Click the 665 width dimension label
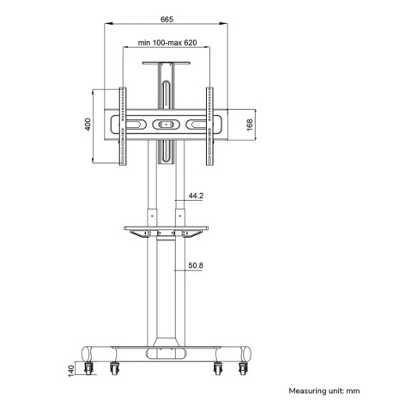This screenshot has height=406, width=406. (x=167, y=20)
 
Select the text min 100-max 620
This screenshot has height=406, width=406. (x=167, y=43)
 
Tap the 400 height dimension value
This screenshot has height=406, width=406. (x=88, y=124)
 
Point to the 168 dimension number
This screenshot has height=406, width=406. (x=250, y=125)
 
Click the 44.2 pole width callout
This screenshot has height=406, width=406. (x=196, y=196)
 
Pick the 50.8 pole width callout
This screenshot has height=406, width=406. (x=196, y=265)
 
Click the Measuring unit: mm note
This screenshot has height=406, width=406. (x=324, y=391)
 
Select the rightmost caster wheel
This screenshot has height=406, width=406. (x=243, y=368)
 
